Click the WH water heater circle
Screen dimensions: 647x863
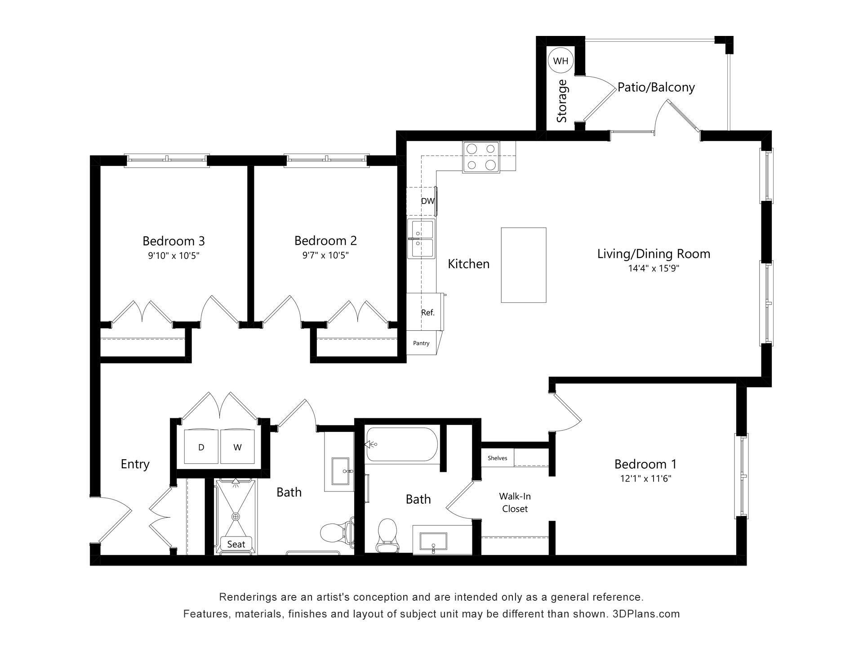pos(561,61)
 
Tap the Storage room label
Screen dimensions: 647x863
pos(562,101)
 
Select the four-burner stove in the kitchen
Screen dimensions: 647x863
pos(481,157)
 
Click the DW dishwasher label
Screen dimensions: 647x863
pos(427,201)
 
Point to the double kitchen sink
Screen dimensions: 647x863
pos(421,239)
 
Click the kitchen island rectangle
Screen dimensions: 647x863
pos(524,265)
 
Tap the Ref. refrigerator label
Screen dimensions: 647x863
pos(427,313)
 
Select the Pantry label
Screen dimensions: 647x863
pos(421,343)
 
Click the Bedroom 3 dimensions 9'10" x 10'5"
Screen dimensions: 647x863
pos(173,256)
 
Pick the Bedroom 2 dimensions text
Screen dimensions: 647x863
pos(325,256)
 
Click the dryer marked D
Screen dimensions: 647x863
pos(201,447)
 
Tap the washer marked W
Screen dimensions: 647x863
pos(237,447)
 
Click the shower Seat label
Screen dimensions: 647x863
pos(236,545)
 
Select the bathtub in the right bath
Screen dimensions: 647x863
pos(401,444)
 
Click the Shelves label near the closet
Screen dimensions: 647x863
pos(497,458)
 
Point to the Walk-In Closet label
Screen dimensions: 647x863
pos(515,502)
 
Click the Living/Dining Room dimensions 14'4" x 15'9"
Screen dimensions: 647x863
pos(654,269)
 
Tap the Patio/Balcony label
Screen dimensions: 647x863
pos(656,87)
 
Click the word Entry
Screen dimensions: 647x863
pos(135,464)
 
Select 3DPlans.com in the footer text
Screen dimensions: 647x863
pos(646,614)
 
